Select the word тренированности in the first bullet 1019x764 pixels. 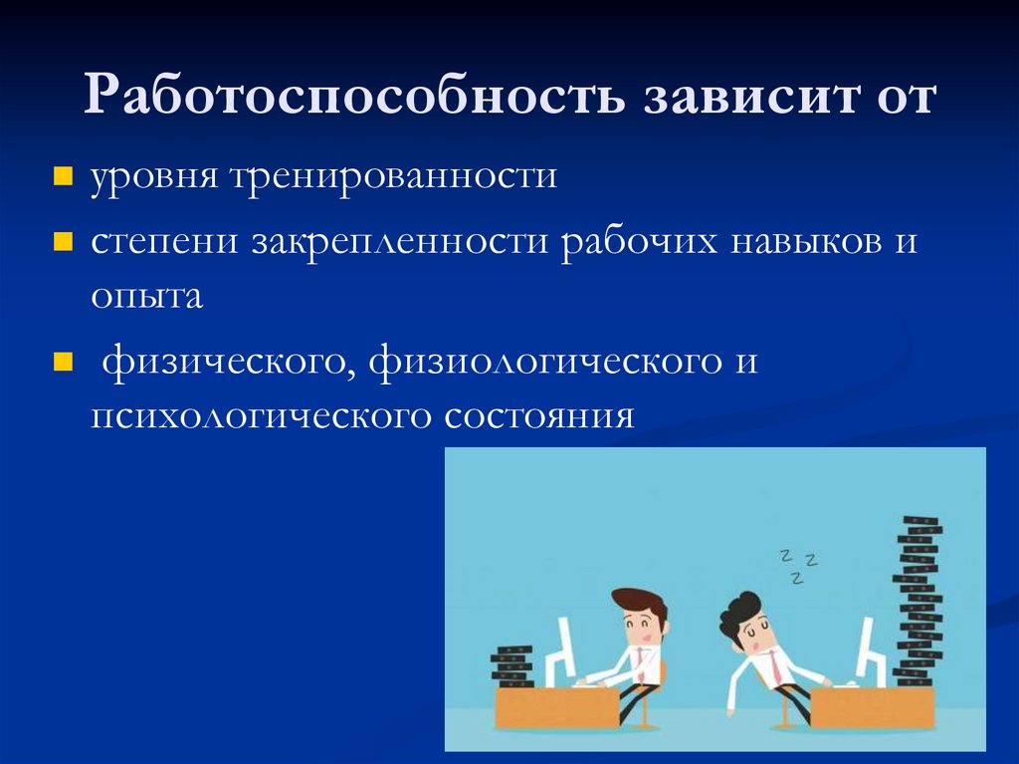pyautogui.click(x=396, y=179)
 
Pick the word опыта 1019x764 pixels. pyautogui.click(x=146, y=297)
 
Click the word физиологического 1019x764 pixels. pyautogui.click(x=545, y=361)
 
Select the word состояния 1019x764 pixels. pyautogui.click(x=539, y=414)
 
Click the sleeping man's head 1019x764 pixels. pyautogui.click(x=745, y=623)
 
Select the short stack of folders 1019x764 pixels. pyautogui.click(x=512, y=666)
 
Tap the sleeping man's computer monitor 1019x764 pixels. pyautogui.click(x=868, y=647)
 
